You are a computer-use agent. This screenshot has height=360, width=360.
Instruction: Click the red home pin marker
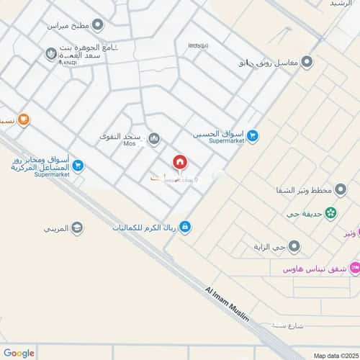click(x=179, y=163)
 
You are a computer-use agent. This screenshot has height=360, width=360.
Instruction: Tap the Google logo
click(x=19, y=352)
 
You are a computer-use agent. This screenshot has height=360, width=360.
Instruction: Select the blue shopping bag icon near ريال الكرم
click(x=186, y=228)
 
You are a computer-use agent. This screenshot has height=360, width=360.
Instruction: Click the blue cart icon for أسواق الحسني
click(x=253, y=135)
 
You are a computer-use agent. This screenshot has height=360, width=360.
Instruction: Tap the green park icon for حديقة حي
click(x=330, y=212)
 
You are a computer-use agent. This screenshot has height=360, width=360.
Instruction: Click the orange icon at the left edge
click(x=24, y=120)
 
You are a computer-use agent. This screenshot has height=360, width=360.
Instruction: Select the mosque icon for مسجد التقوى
click(x=153, y=138)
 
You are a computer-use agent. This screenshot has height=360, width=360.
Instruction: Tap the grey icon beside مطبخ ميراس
click(x=97, y=25)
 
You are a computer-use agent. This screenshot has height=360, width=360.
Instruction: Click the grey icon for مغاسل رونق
click(x=306, y=62)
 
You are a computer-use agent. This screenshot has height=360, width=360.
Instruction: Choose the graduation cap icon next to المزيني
click(x=77, y=228)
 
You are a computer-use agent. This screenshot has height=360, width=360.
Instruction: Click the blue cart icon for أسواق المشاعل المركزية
click(x=78, y=166)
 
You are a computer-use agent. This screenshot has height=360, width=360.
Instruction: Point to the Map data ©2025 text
click(x=333, y=354)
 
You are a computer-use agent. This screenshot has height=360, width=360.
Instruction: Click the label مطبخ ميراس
click(x=67, y=25)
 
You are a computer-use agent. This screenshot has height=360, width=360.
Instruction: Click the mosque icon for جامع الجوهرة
click(x=51, y=53)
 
